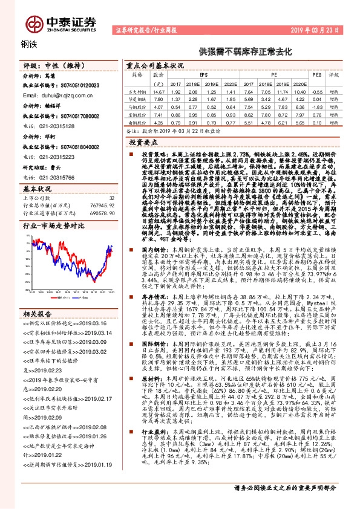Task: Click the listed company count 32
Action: click(111, 197)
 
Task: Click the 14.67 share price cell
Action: click(159, 91)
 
